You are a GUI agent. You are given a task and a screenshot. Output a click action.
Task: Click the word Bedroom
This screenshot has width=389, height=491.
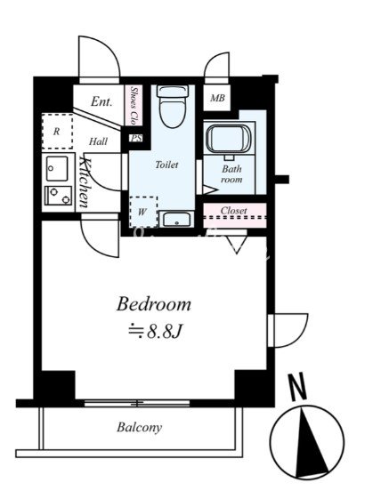(x=154, y=304)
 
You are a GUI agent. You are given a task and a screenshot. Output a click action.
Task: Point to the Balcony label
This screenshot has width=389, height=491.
(x=140, y=428)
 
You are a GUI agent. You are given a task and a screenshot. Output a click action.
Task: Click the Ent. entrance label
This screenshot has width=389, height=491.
(x=101, y=101)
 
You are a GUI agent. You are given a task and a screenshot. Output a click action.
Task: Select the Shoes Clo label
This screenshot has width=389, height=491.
(x=134, y=105)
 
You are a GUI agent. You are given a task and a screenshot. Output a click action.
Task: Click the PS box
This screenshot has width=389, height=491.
(x=136, y=138)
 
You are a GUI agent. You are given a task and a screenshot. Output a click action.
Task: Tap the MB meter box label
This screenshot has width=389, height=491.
(x=217, y=99)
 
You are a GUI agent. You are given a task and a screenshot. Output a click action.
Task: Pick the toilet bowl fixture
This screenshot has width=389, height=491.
(x=173, y=106)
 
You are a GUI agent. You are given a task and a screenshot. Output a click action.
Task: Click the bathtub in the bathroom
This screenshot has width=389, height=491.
(x=229, y=139)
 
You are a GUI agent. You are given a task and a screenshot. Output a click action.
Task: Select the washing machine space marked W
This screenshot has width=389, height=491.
(x=143, y=212)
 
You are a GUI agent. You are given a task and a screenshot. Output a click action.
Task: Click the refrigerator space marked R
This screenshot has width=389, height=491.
(x=57, y=132)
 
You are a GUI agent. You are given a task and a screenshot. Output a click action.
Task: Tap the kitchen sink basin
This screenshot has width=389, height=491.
(x=57, y=168)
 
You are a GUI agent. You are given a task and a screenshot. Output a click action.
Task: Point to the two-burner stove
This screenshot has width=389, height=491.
(x=58, y=196)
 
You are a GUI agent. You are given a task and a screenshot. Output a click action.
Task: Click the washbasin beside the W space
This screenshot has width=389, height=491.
(x=176, y=219)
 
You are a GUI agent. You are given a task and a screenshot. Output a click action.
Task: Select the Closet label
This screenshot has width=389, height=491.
(x=233, y=211)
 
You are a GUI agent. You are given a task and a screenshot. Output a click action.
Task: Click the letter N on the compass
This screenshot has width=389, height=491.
(x=297, y=386)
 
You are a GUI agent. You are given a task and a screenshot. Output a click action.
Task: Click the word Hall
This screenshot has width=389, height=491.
(x=98, y=141)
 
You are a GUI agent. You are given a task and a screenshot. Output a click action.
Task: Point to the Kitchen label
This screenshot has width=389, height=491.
(x=85, y=182)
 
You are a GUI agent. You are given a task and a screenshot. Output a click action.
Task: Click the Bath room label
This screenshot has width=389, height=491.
(x=231, y=174)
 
